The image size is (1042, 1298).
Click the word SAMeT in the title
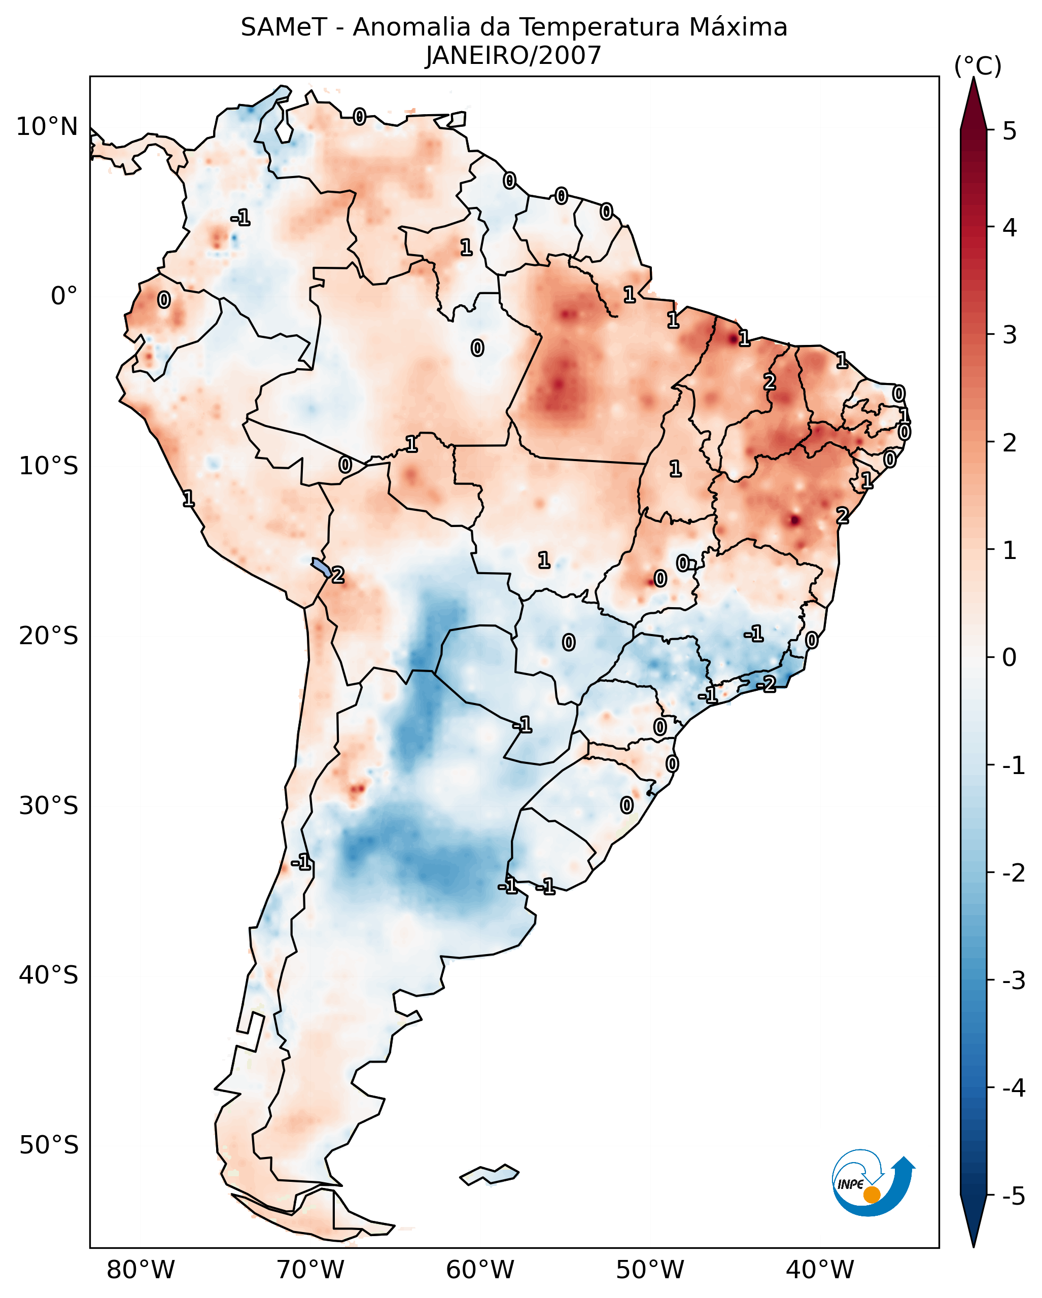coord(284,28)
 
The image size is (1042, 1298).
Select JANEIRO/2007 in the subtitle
coord(513,56)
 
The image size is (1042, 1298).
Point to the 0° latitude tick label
coord(64,296)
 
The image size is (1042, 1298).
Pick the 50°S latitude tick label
coord(48,1145)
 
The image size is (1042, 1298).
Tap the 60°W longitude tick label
coord(480,1270)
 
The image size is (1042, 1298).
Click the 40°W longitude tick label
coord(819,1270)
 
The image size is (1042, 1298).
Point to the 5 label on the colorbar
coord(1010,131)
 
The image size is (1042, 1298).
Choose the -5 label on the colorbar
coord(1013,1196)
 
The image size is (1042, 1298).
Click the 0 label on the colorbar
coord(1010,657)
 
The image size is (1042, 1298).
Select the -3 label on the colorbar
coord(1013,981)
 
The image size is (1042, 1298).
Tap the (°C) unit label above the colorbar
coord(978,66)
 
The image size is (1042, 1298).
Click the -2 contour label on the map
coord(767,684)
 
